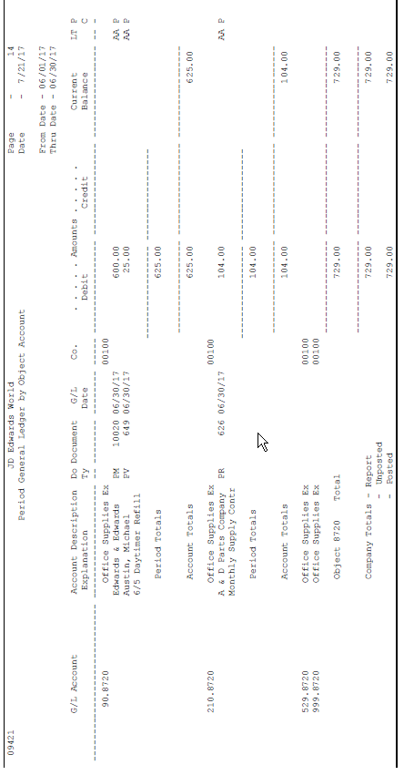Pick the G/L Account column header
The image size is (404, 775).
(76, 684)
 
